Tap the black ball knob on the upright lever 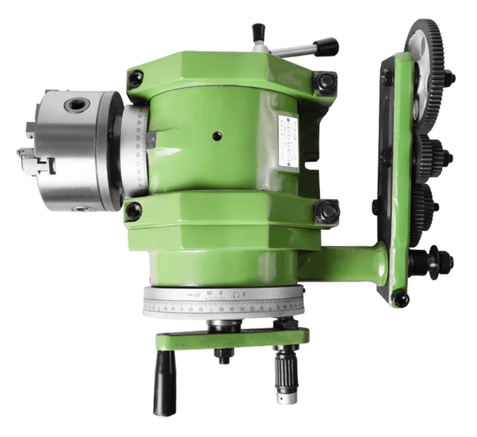point(259,30)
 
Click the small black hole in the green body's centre point(217,135)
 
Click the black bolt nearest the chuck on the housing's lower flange point(134,211)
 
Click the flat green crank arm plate point(232,338)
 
